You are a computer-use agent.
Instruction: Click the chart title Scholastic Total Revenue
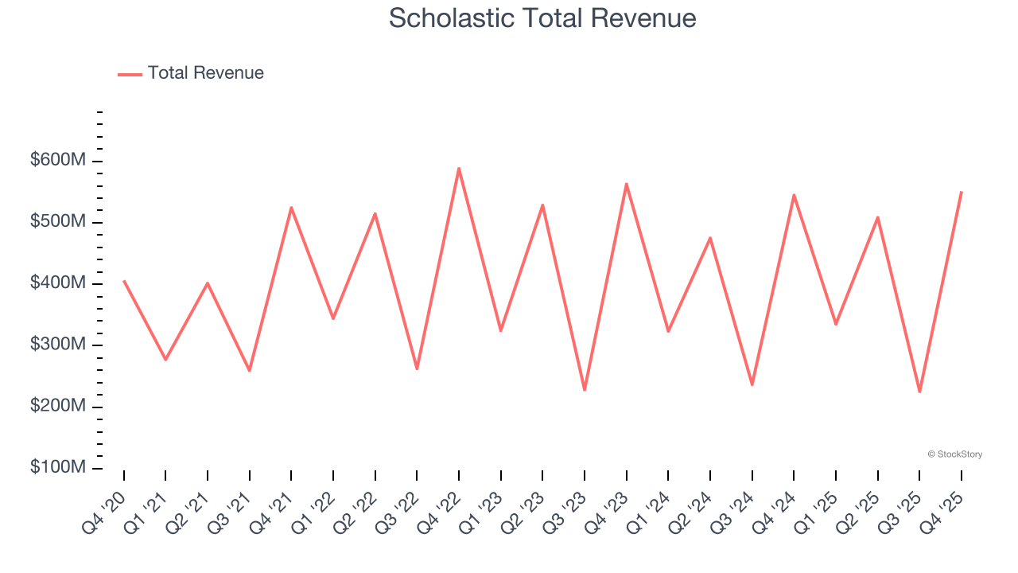tap(542, 18)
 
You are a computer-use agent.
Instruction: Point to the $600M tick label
tap(57, 161)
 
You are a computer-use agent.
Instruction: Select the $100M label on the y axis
tap(57, 467)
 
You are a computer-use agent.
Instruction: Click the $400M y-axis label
tap(57, 283)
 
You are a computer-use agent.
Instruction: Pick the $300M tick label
tap(57, 345)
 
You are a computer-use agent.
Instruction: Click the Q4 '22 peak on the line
tap(459, 168)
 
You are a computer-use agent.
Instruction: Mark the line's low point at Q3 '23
tap(585, 390)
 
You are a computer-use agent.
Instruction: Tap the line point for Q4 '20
tap(124, 281)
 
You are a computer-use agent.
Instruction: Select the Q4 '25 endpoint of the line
tap(962, 192)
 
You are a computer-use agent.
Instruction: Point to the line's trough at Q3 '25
tap(919, 392)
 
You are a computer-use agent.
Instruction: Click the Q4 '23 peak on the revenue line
tap(627, 184)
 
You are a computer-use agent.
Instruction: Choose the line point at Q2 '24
tap(710, 238)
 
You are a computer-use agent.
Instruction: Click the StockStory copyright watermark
tap(954, 454)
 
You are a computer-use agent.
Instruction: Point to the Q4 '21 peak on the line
tap(291, 207)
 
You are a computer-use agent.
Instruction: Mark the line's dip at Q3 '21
tap(250, 370)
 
